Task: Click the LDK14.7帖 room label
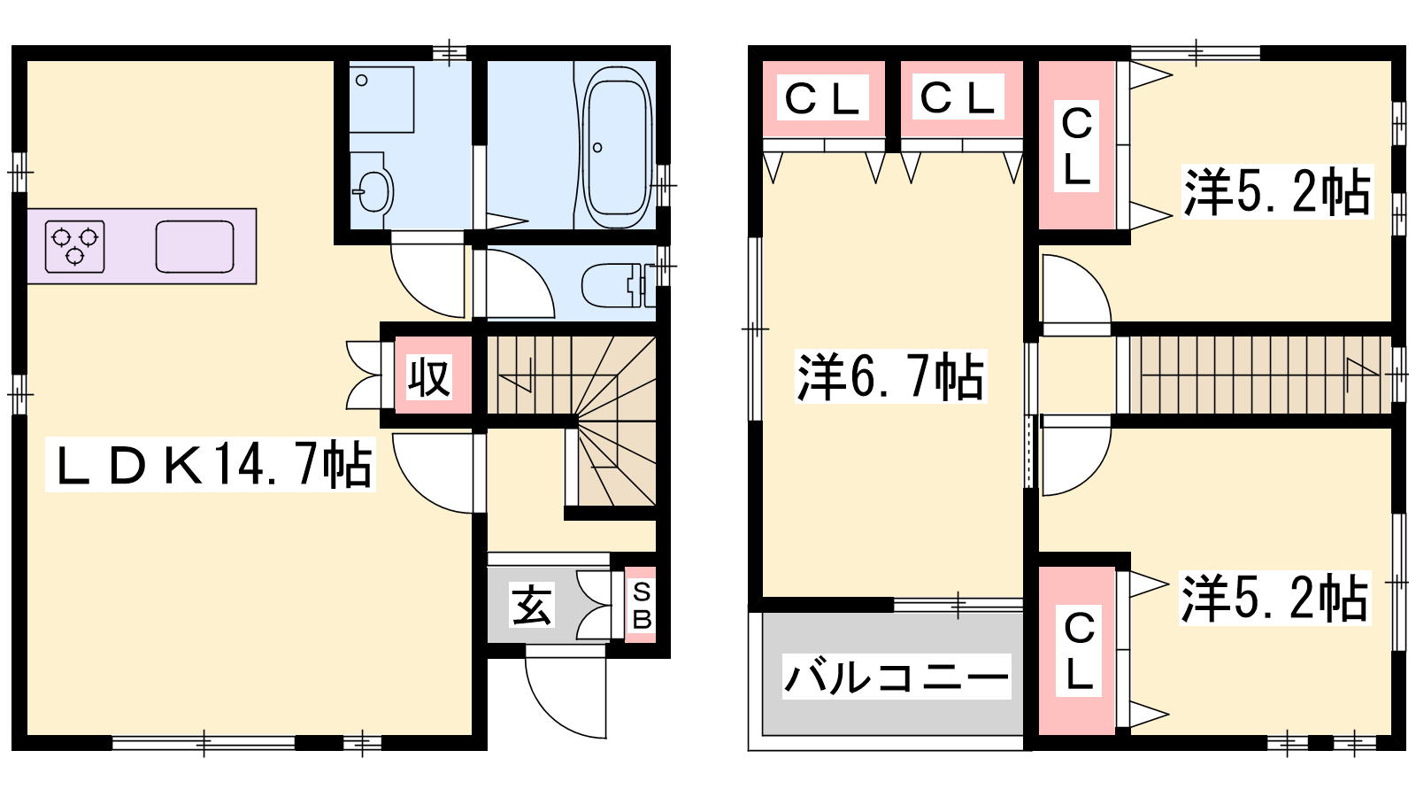coord(212,464)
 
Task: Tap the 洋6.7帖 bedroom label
coord(890,376)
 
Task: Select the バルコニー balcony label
coord(897,677)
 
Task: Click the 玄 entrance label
coord(531,606)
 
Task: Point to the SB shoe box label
coord(641,606)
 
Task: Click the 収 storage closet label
coord(428,377)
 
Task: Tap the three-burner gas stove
coord(74,246)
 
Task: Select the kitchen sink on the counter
coord(195,247)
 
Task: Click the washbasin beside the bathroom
coord(372,190)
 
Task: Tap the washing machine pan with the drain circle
coord(381,99)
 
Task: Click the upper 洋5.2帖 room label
coord(1277,191)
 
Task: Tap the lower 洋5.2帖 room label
coord(1274,598)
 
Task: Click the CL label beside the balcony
coord(1079,650)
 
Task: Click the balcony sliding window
coord(958,605)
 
